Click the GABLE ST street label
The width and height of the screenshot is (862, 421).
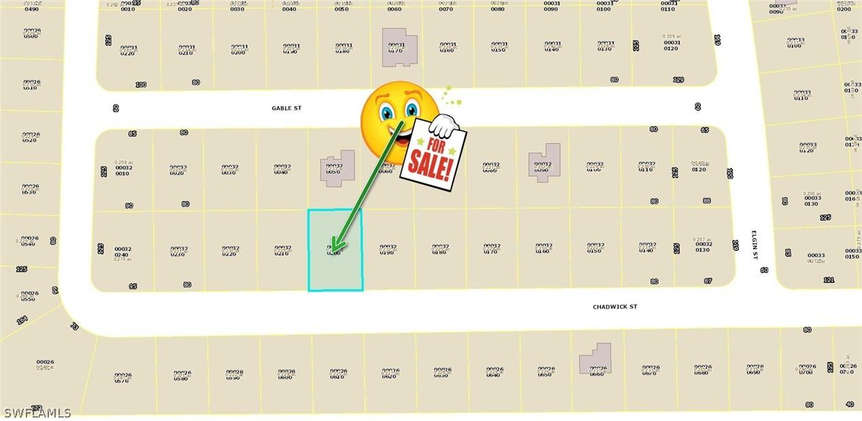286,108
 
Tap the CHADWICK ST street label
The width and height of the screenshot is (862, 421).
615,307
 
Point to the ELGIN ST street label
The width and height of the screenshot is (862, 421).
755,244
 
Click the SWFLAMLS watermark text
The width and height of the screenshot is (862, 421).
37,413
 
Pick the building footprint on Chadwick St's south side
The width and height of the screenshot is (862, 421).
595,358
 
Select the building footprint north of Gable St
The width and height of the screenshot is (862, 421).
399,47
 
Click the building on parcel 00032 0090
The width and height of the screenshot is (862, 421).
545,163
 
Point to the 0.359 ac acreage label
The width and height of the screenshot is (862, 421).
671,36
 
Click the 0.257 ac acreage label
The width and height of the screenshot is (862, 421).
702,239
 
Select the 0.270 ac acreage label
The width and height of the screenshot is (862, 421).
123,259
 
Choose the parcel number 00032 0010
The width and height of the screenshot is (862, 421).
123,170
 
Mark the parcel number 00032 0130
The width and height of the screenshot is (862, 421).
702,247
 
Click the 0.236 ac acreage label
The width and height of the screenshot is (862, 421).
810,193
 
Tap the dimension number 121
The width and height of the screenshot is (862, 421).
828,280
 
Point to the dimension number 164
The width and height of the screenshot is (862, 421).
22,319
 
